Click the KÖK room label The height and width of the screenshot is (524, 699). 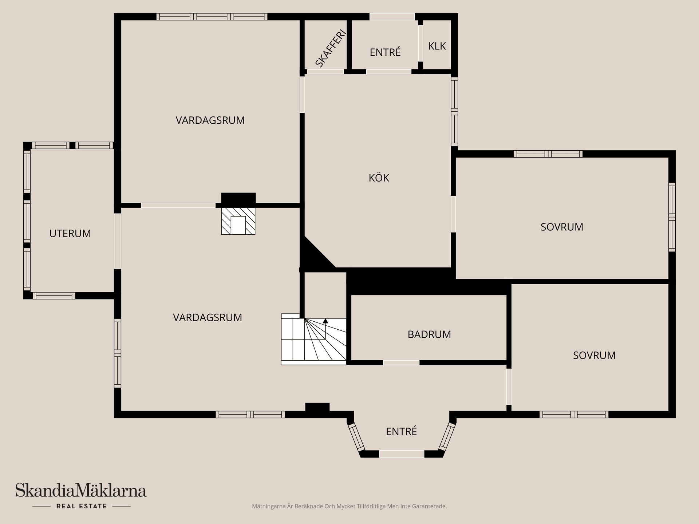379,178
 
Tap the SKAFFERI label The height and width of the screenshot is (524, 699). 330,49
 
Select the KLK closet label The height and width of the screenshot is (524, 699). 437,46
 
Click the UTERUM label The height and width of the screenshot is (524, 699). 70,233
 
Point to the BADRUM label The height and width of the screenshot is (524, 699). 429,334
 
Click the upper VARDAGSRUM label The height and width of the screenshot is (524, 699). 210,120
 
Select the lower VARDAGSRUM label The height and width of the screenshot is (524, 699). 207,317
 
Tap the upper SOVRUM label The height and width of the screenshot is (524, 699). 561,227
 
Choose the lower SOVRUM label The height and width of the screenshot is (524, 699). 594,355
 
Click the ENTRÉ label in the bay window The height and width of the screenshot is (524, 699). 401,432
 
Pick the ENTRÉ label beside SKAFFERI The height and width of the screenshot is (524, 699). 385,52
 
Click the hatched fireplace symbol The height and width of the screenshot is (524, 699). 238,221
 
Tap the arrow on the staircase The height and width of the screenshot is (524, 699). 325,321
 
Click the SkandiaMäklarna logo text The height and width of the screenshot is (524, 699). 80,491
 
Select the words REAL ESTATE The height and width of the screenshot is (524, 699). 81,506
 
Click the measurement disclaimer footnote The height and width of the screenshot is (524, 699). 349,506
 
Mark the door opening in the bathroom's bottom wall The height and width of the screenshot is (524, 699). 401,362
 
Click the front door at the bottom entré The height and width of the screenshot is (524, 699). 402,454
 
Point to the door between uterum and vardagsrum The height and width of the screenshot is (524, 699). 117,241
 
